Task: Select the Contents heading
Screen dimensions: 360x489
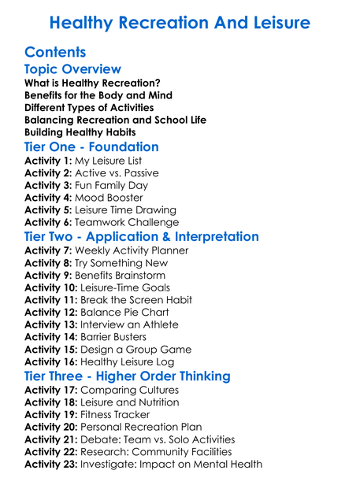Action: tap(55, 54)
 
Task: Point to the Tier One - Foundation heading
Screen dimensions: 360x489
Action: tap(91, 147)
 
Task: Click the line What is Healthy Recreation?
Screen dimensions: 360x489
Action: tap(93, 83)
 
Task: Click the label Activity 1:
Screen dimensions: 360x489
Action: tap(49, 161)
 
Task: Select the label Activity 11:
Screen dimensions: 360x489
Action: tap(52, 300)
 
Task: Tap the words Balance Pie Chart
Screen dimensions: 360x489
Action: tap(128, 313)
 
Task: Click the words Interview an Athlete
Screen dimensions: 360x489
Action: tap(132, 325)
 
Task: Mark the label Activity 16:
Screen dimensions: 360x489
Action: tap(52, 362)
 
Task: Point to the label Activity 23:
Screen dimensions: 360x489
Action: tap(52, 465)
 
